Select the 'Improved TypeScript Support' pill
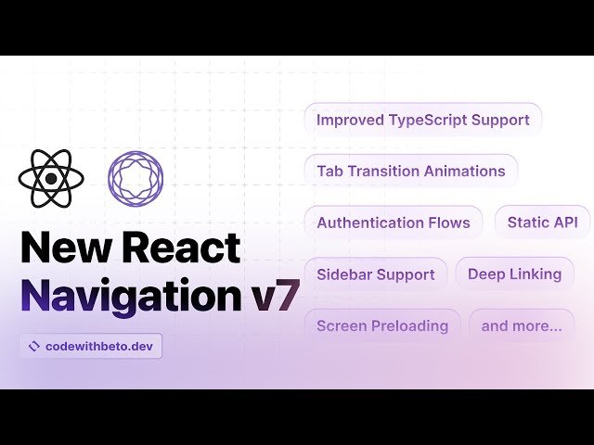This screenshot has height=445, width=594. click(x=422, y=120)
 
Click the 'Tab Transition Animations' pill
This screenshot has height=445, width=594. click(x=410, y=171)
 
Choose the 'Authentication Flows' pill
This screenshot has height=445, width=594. click(x=393, y=222)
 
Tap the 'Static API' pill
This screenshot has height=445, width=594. click(x=542, y=222)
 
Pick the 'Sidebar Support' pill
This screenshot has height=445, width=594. click(x=375, y=274)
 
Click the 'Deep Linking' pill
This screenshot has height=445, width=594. click(x=514, y=274)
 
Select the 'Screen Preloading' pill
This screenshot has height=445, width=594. click(x=381, y=325)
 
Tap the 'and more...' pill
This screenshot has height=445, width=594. click(x=521, y=325)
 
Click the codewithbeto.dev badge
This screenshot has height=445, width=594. click(x=90, y=346)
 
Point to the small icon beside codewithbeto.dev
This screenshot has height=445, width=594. click(x=34, y=346)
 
